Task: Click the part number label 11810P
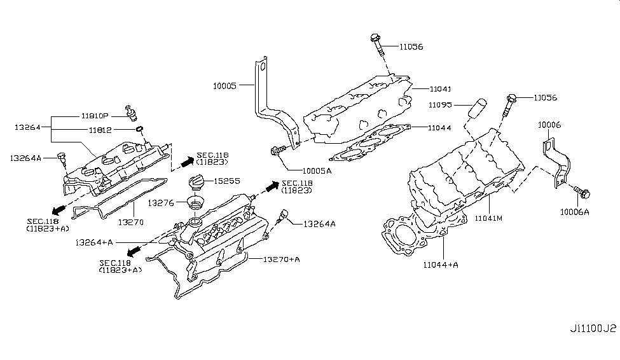(x=95, y=116)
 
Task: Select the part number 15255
(x=227, y=181)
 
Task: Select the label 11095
(x=441, y=104)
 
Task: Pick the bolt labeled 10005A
(x=277, y=150)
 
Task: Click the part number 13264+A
(x=93, y=242)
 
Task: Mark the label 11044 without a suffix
(x=440, y=128)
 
